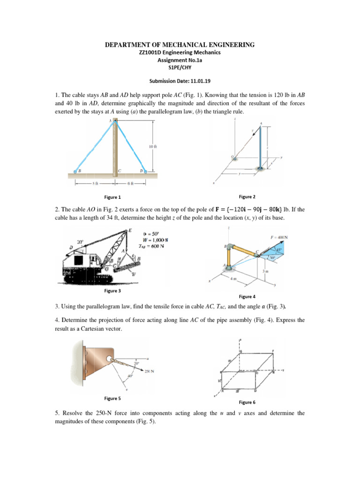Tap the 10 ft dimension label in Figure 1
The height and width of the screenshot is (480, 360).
(153, 146)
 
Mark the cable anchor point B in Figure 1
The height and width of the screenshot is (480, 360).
(76, 172)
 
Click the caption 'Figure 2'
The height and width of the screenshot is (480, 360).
(247, 197)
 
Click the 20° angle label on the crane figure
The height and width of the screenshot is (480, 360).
(81, 242)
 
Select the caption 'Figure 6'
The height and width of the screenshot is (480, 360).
(247, 402)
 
